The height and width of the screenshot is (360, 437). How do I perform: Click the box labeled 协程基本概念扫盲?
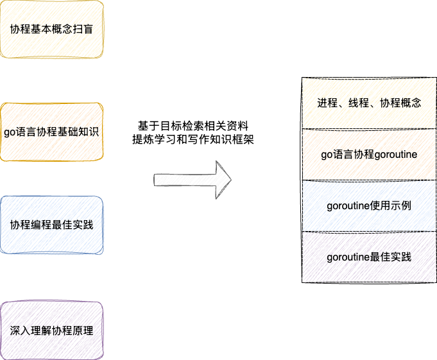(51, 30)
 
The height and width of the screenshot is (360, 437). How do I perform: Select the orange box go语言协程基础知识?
(51, 132)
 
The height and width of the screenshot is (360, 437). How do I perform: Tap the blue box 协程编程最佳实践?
(51, 225)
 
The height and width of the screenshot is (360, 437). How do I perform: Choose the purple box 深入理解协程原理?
(51, 331)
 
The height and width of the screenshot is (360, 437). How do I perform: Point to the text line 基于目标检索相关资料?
(193, 125)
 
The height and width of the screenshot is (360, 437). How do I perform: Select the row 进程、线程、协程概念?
(369, 103)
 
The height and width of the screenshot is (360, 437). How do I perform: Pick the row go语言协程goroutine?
(369, 155)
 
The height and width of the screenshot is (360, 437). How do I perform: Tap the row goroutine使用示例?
(369, 206)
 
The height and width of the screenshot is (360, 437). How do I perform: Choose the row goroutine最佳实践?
(369, 257)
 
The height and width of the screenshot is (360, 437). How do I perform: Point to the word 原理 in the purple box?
(83, 331)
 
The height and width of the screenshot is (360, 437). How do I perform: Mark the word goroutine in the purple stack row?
(348, 258)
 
